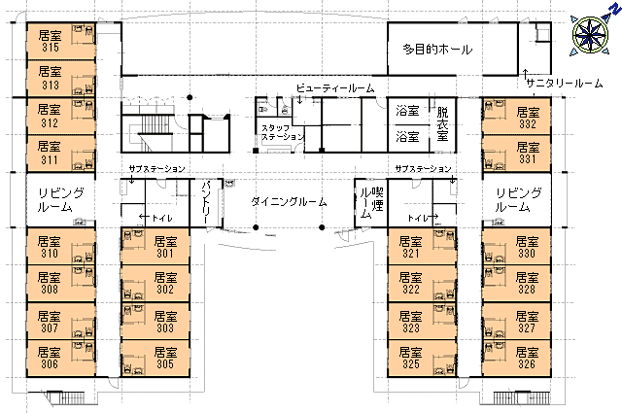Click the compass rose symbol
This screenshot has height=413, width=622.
[590, 35]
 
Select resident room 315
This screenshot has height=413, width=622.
[61, 41]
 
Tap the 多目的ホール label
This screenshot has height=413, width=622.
[437, 50]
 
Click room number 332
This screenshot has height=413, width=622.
[528, 124]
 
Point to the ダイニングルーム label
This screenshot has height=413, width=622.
[289, 202]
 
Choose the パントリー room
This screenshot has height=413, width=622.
[206, 203]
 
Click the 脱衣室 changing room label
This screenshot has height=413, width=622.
[443, 124]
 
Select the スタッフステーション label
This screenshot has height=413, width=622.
[283, 132]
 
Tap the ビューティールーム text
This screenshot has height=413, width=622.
[335, 88]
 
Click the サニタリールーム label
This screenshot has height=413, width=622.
[565, 84]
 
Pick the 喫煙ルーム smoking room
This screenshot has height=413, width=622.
[371, 203]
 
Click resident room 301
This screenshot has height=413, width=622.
[155, 246]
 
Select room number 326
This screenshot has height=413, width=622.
[527, 363]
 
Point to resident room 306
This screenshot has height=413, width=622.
[61, 359]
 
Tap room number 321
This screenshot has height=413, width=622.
[410, 253]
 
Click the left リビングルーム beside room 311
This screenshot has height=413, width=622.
[60, 200]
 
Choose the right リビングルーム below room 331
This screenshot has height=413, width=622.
[517, 200]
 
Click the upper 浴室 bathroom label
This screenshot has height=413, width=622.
[407, 111]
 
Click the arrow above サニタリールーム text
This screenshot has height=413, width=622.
[525, 74]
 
